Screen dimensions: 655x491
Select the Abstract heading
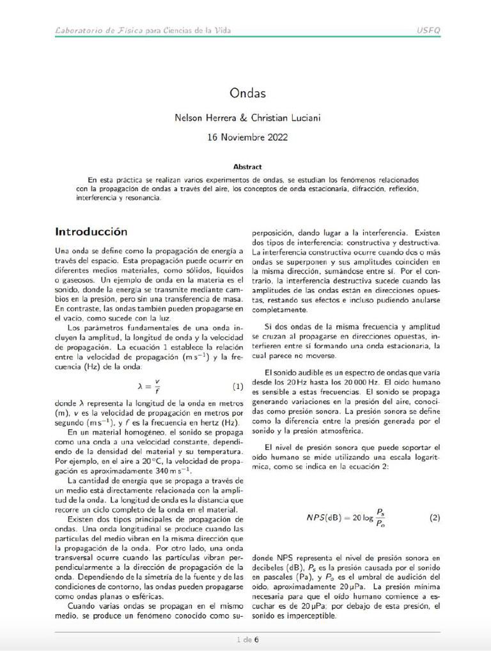[247, 166]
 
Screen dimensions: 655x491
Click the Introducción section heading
[91, 232]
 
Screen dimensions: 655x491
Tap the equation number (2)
[435, 517]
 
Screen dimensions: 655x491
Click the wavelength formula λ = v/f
[148, 386]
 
